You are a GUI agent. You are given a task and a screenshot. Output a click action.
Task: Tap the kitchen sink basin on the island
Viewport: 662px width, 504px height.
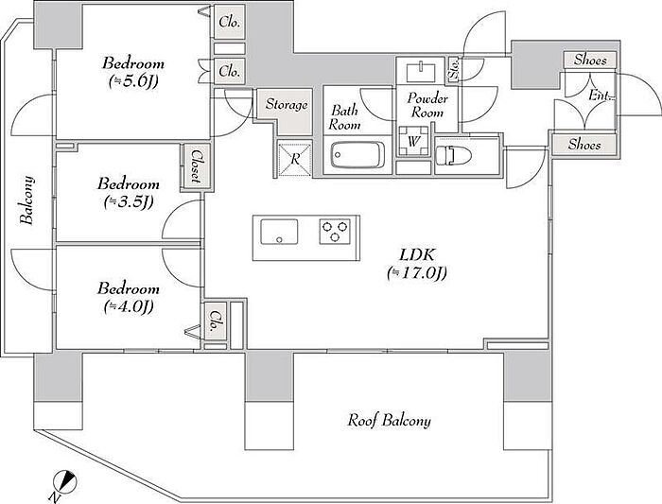point(279,232)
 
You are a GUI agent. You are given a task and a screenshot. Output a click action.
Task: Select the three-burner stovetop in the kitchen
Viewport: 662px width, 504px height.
point(335,232)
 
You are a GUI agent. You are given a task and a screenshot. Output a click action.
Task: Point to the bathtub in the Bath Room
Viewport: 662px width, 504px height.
point(357,155)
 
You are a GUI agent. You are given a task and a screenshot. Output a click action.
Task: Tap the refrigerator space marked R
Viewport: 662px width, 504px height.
point(295,159)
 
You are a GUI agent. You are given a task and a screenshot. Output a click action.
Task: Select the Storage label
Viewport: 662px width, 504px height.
point(287,104)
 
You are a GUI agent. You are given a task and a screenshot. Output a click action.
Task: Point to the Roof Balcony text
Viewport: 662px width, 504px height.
point(389,421)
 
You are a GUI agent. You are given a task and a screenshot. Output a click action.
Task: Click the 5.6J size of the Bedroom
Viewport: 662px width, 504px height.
point(133,81)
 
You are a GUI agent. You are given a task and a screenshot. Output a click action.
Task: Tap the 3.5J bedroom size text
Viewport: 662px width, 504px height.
point(129,202)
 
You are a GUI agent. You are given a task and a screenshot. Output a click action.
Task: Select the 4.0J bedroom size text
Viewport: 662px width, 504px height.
point(129,306)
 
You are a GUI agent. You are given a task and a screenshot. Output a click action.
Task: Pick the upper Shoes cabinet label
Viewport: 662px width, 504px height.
point(590,60)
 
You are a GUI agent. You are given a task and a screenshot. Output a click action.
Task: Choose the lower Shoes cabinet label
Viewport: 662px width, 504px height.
point(584,145)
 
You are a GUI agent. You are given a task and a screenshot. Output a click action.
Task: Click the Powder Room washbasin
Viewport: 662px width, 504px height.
point(421,72)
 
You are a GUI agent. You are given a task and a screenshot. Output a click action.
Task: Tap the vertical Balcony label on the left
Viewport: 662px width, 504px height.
point(27,200)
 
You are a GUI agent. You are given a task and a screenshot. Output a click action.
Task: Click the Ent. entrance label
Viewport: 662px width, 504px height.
point(600,96)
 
